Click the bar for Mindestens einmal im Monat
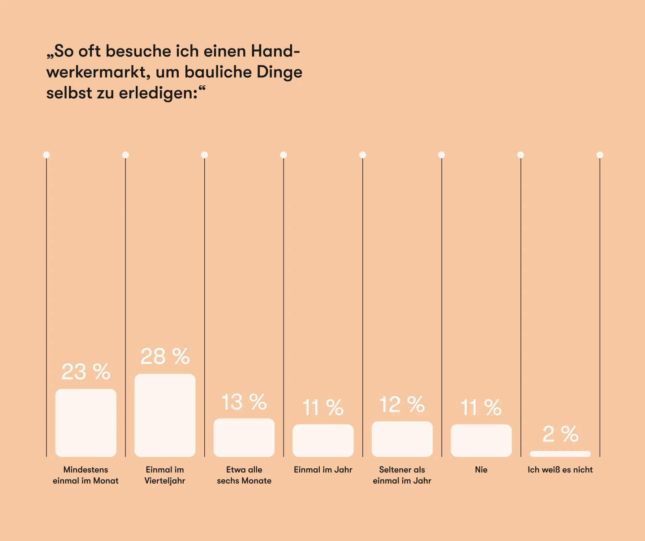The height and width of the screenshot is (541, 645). (x=86, y=423)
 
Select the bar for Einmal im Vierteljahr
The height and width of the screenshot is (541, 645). (x=165, y=415)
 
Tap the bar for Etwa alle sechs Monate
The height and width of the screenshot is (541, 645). (x=244, y=437)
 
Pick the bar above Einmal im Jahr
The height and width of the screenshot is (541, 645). (x=323, y=440)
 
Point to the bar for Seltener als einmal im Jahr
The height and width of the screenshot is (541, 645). (x=402, y=439)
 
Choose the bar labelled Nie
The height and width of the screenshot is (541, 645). (x=481, y=440)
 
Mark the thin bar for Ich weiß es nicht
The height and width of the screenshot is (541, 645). (x=560, y=454)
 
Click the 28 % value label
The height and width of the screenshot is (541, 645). (x=165, y=357)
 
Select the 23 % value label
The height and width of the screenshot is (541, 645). (x=86, y=372)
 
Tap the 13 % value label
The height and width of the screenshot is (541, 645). (x=244, y=402)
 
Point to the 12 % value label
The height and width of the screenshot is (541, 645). (x=402, y=405)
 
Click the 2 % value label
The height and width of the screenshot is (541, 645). (x=560, y=434)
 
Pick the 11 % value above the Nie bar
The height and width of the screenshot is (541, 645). (x=481, y=408)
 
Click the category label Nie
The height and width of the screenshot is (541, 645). (x=481, y=470)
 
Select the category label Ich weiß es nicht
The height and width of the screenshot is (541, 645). (x=560, y=470)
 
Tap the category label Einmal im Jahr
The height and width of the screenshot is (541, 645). (x=323, y=470)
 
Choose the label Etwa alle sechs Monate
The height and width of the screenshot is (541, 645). (x=244, y=475)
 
